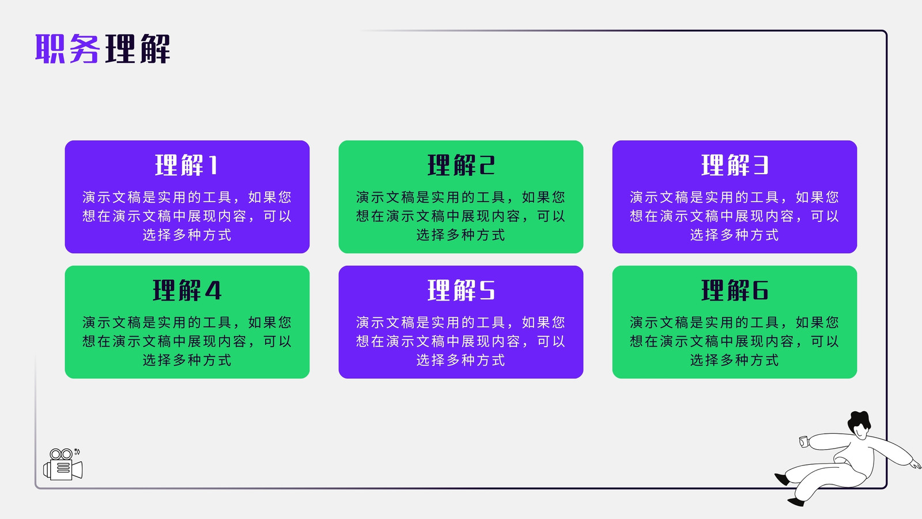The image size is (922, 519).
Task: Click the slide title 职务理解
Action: pyautogui.click(x=103, y=48)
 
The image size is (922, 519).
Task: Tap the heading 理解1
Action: pyautogui.click(x=186, y=165)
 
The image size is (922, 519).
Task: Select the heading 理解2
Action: pyautogui.click(x=461, y=165)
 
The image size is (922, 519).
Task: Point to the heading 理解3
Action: pyautogui.click(x=735, y=165)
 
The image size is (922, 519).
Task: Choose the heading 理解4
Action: pyautogui.click(x=187, y=291)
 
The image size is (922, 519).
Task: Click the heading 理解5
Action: pyautogui.click(x=461, y=291)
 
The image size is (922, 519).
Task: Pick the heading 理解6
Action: pyautogui.click(x=735, y=291)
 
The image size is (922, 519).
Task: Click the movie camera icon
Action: pyautogui.click(x=63, y=464)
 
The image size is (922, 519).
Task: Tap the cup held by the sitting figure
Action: pyautogui.click(x=804, y=442)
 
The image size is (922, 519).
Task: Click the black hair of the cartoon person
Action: pyautogui.click(x=859, y=422)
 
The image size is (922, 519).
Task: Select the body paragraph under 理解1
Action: pyautogui.click(x=187, y=216)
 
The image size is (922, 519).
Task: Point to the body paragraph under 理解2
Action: pyautogui.click(x=460, y=216)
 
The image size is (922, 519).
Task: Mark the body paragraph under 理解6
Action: pyautogui.click(x=734, y=341)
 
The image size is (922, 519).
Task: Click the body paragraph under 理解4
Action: pyautogui.click(x=187, y=341)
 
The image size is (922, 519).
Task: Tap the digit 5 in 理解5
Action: pyautogui.click(x=487, y=291)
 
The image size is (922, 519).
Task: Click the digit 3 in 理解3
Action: pyautogui.click(x=761, y=166)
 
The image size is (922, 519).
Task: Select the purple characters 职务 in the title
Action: pyautogui.click(x=67, y=48)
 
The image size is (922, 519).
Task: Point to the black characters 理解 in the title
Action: pyautogui.click(x=138, y=48)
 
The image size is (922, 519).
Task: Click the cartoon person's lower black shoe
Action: pyautogui.click(x=796, y=502)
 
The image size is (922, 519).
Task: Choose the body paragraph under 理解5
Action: pyautogui.click(x=460, y=341)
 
